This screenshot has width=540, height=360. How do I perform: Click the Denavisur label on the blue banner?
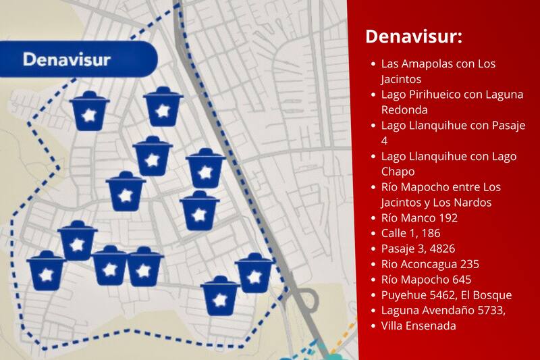click(67, 59)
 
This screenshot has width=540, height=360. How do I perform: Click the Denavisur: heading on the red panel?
click(413, 36)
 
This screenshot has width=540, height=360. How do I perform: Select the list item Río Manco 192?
click(419, 217)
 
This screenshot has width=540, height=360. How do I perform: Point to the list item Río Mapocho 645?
click(426, 280)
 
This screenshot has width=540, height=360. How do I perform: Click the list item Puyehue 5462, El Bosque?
click(446, 295)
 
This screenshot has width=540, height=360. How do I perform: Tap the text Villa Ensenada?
click(418, 326)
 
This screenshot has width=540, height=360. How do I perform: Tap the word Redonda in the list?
click(404, 109)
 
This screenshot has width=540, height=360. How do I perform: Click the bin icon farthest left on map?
click(46, 269)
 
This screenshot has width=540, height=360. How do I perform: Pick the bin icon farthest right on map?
click(254, 273)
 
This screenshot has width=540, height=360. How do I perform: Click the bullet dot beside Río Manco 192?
click(373, 218)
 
